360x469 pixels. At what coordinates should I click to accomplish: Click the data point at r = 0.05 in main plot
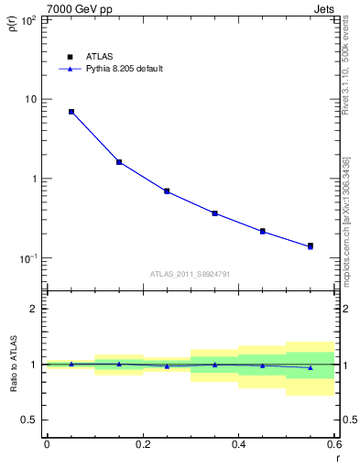pos(71,112)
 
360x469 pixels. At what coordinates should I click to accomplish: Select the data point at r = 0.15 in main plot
pos(119,162)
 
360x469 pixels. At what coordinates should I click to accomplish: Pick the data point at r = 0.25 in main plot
pos(167,191)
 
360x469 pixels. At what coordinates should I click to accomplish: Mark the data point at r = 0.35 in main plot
pos(214,213)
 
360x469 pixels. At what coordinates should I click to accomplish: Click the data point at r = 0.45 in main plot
pos(263,232)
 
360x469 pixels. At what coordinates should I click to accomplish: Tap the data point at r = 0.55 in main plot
pos(311,246)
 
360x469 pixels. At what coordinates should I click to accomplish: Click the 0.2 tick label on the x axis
pos(142,444)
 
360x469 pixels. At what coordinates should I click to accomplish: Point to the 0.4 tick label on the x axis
pos(238,444)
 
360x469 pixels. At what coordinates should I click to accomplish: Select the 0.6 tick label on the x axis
pos(333,444)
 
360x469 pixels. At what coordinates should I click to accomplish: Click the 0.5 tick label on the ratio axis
pos(30,420)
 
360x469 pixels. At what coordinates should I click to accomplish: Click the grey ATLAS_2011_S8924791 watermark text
pos(191,273)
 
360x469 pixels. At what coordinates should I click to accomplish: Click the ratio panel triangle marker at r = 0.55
pos(311,367)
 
